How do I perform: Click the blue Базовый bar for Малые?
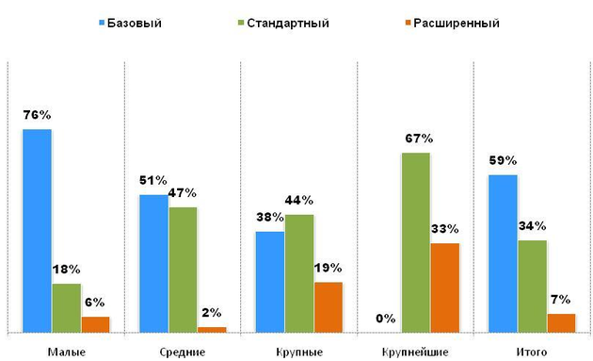click(38, 230)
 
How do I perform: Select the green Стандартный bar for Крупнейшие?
click(416, 242)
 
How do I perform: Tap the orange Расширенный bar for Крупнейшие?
click(445, 287)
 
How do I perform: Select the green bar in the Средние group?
click(183, 269)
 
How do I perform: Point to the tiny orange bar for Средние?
click(212, 329)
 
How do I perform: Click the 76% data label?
click(37, 115)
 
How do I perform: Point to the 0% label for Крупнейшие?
click(385, 319)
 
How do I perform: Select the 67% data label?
click(415, 139)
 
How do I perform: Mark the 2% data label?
click(212, 313)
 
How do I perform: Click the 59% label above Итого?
click(503, 159)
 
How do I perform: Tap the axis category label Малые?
click(65, 351)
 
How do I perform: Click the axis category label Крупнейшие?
click(415, 351)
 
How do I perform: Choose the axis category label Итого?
click(532, 351)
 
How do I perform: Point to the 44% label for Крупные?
click(299, 200)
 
